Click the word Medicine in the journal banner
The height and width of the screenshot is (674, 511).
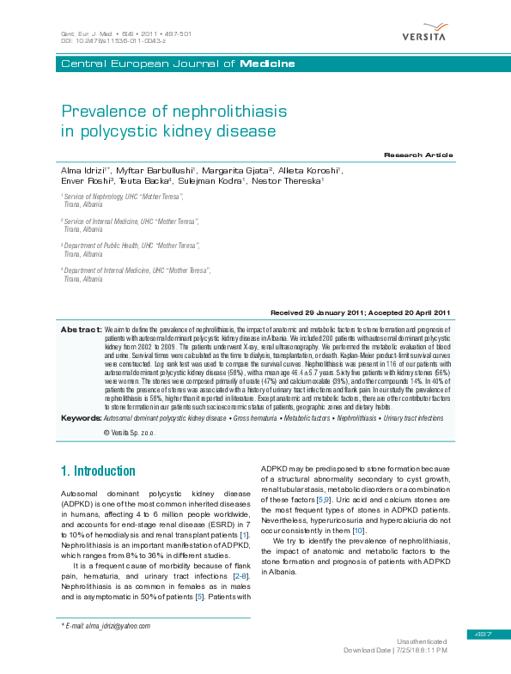coord(267,64)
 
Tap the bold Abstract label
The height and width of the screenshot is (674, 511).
coord(81,329)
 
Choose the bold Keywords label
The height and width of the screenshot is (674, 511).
coord(81,417)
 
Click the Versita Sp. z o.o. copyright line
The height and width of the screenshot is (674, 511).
coord(130,432)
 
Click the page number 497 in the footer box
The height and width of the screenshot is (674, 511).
coord(481,635)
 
